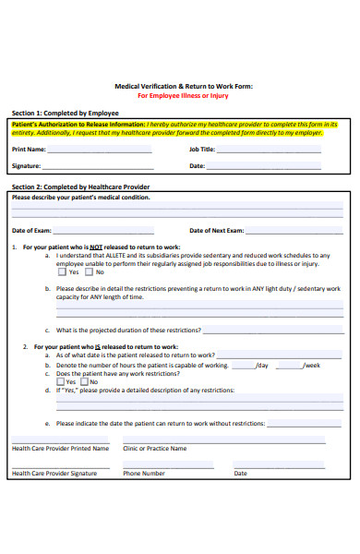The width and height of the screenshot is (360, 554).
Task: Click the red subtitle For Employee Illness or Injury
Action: pyautogui.click(x=182, y=95)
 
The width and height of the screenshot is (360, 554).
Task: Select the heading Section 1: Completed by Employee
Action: pyautogui.click(x=65, y=113)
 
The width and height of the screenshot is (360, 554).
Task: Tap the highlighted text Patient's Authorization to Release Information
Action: pyautogui.click(x=78, y=124)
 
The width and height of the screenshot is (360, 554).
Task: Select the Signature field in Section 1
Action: pyautogui.click(x=107, y=167)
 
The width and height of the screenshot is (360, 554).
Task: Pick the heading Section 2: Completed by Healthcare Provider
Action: pyautogui.click(x=80, y=187)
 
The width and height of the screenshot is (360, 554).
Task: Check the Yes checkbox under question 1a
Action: pyautogui.click(x=62, y=272)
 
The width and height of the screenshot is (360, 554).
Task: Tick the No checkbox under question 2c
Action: pyautogui.click(x=85, y=381)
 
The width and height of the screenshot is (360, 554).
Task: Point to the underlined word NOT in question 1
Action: pyautogui.click(x=95, y=247)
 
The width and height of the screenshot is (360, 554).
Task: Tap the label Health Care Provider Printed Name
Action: pyautogui.click(x=60, y=449)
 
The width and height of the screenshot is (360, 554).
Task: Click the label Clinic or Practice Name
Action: pyautogui.click(x=155, y=449)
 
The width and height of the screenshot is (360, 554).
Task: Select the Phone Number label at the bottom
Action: pyautogui.click(x=144, y=474)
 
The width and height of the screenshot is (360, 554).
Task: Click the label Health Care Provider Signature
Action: pyautogui.click(x=54, y=474)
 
